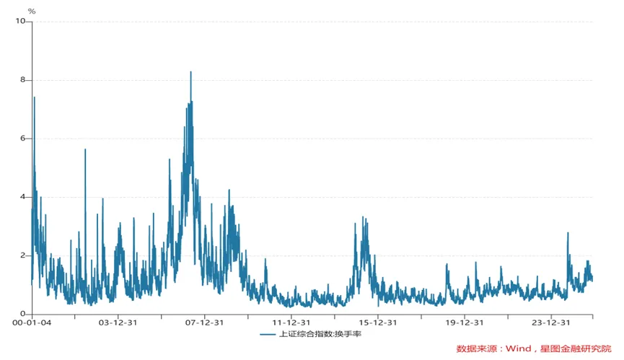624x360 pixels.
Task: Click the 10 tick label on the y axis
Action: click(x=22, y=22)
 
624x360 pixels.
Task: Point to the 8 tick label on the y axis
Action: click(x=23, y=80)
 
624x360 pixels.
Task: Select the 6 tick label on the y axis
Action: click(x=23, y=139)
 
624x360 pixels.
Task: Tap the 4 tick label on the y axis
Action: click(x=23, y=197)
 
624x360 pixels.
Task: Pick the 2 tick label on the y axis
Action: click(x=23, y=255)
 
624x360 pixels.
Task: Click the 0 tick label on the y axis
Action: click(x=23, y=314)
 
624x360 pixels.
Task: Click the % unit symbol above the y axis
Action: click(x=31, y=11)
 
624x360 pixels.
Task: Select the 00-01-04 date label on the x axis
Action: click(x=32, y=323)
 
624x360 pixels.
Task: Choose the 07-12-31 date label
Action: click(x=204, y=323)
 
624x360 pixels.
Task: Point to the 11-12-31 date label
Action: click(x=291, y=323)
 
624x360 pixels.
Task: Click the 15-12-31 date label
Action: click(x=378, y=323)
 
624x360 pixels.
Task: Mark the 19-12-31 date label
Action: click(x=465, y=323)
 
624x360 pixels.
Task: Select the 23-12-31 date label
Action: click(x=552, y=323)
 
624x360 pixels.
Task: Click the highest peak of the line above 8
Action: click(x=190, y=72)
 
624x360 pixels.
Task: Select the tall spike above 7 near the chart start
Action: click(x=34, y=97)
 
